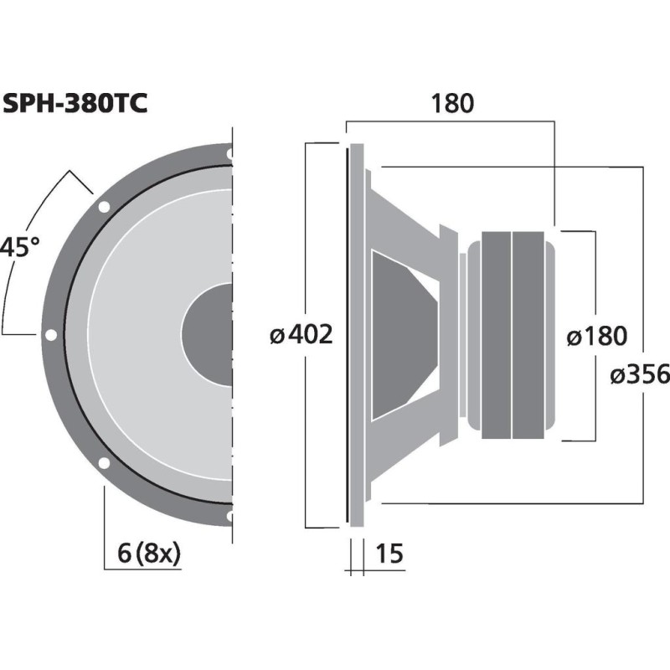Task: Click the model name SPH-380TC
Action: coord(75,104)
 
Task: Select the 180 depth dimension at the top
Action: coord(452,104)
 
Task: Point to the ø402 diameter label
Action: coord(301,335)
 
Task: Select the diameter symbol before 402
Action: coord(278,336)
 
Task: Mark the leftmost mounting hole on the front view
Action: coord(51,334)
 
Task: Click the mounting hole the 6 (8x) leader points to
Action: coord(104,463)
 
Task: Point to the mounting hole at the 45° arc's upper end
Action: coord(104,206)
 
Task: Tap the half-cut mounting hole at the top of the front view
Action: coord(229,153)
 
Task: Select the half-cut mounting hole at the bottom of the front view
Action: coord(229,516)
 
